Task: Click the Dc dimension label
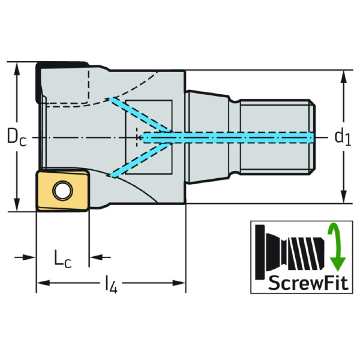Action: pyautogui.click(x=17, y=137)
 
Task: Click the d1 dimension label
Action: pyautogui.click(x=343, y=137)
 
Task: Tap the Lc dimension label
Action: pyautogui.click(x=62, y=259)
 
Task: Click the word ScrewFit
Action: pyautogui.click(x=308, y=283)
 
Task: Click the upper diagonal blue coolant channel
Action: pyautogui.click(x=140, y=115)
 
